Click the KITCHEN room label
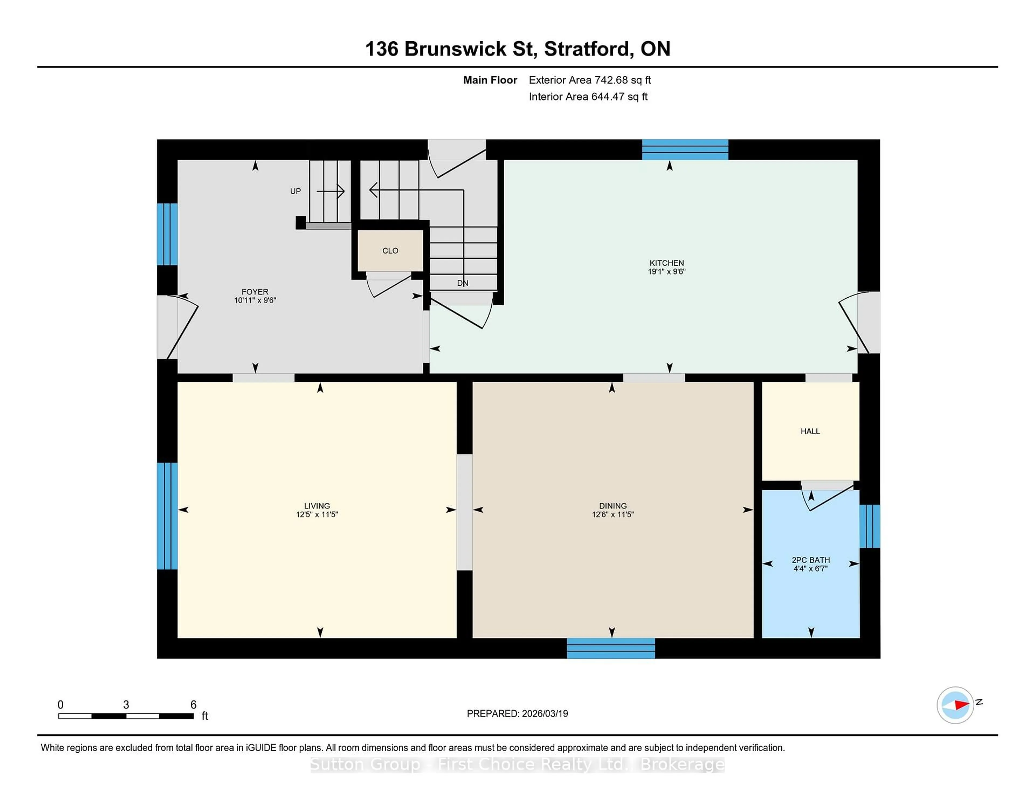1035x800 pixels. pos(666,263)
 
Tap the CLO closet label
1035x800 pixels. pos(390,251)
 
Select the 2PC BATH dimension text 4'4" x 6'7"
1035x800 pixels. pos(810,568)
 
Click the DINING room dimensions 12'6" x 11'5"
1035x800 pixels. pos(612,514)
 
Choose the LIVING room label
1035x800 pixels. pos(317,506)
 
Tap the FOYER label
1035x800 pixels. pos(254,291)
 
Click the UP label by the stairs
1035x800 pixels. pos(295,191)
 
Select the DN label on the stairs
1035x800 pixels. pos(463,283)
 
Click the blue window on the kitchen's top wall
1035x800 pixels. pos(685,150)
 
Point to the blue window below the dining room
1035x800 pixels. pos(611,648)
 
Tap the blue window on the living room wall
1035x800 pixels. pos(167,516)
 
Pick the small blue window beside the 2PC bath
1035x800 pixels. pos(870,526)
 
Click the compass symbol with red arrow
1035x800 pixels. pos(955,705)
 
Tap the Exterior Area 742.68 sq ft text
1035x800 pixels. pos(589,80)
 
